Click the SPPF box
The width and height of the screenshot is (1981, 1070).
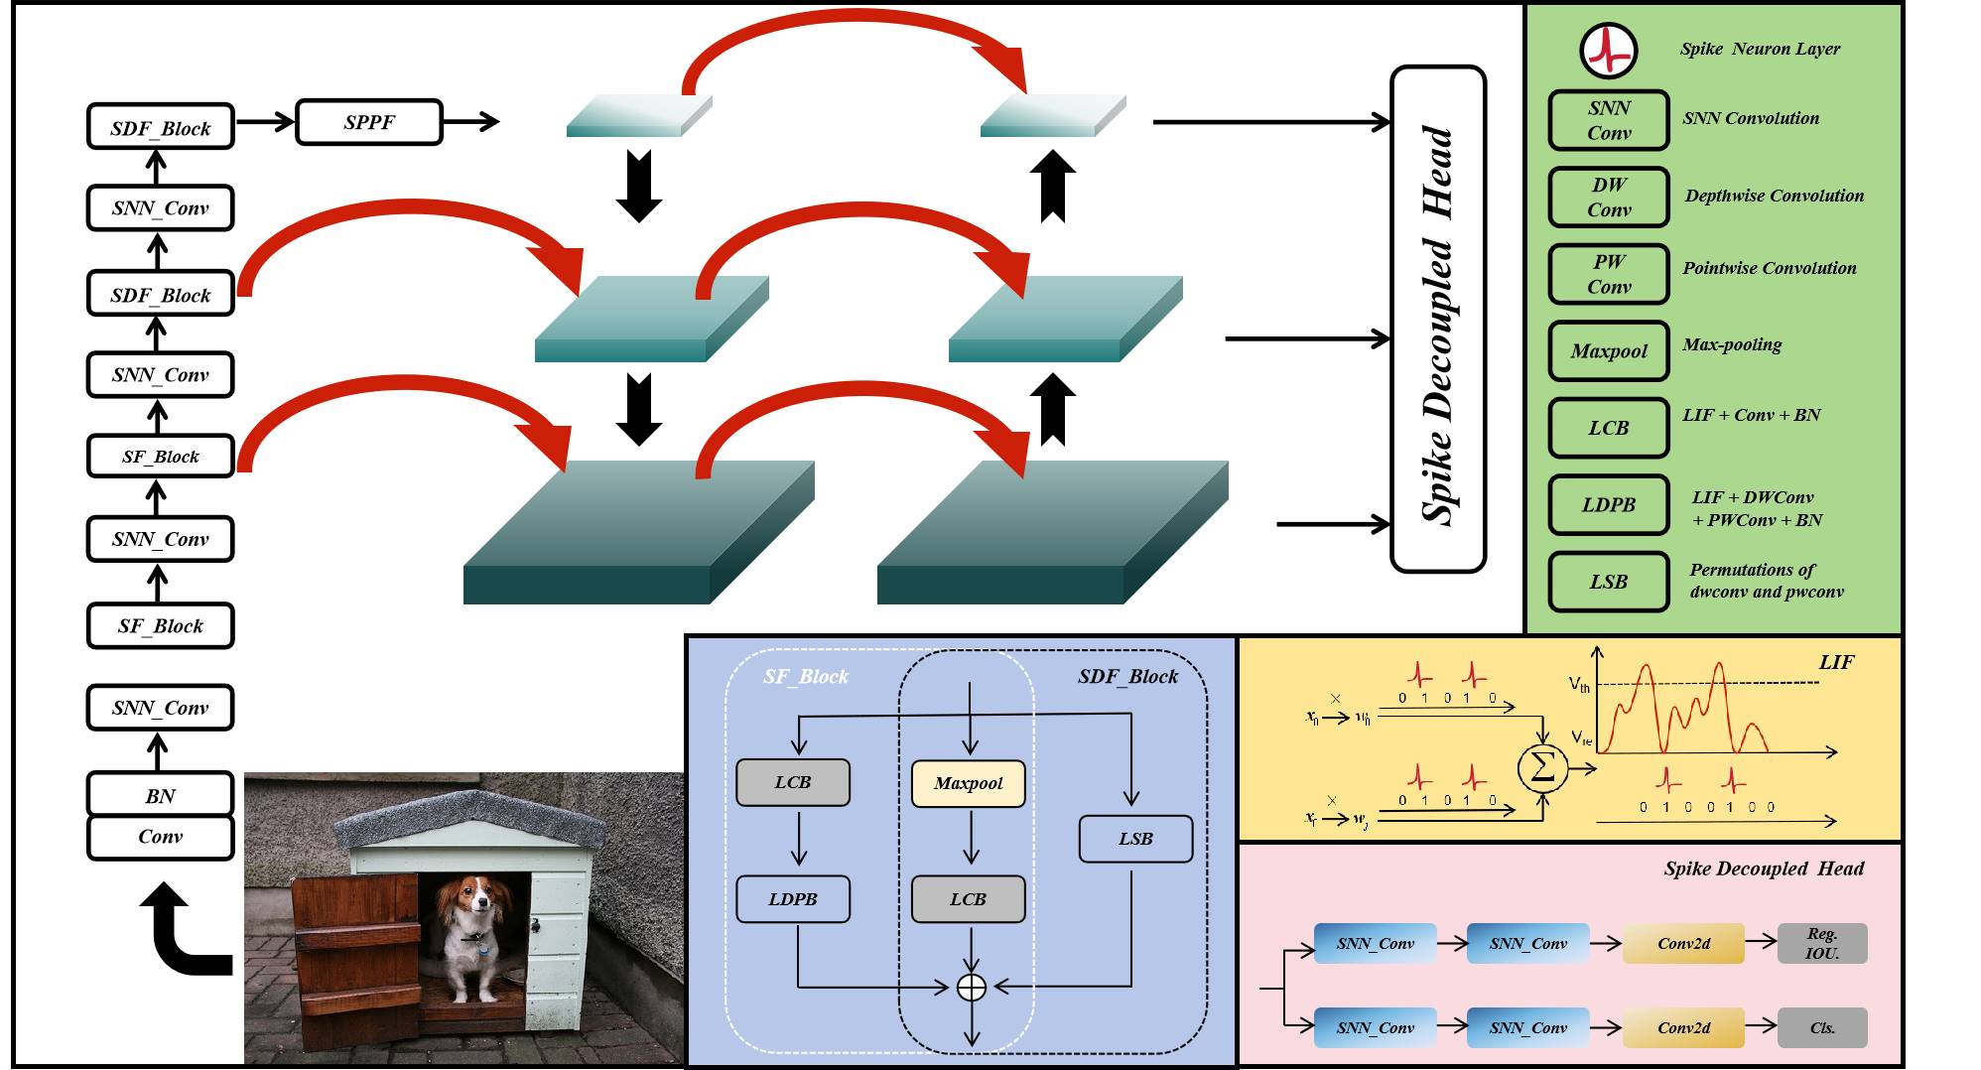pos(369,122)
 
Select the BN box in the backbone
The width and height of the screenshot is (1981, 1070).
pos(160,795)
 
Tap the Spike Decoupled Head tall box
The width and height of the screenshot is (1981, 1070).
pos(1438,320)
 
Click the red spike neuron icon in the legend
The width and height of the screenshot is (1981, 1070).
pos(1608,50)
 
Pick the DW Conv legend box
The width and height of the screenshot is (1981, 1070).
pos(1608,197)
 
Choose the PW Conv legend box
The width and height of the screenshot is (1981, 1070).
pos(1608,274)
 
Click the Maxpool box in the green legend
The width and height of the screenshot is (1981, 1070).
pos(1608,350)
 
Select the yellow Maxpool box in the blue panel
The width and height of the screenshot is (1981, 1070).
pos(968,783)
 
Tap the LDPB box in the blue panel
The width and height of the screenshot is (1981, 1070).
pos(792,899)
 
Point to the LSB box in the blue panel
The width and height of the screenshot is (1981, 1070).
pos(1135,839)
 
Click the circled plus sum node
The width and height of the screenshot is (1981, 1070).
pos(971,987)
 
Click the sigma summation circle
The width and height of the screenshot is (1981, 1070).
pos(1542,767)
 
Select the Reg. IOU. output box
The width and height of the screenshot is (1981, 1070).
pos(1822,943)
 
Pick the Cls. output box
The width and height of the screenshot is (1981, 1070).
pos(1822,1028)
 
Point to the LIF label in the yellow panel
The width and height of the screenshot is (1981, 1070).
pos(1836,662)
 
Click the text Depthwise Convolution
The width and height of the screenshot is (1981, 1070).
pos(1774,196)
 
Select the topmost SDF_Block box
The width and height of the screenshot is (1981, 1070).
pos(160,127)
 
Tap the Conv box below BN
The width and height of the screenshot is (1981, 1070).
pos(160,837)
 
